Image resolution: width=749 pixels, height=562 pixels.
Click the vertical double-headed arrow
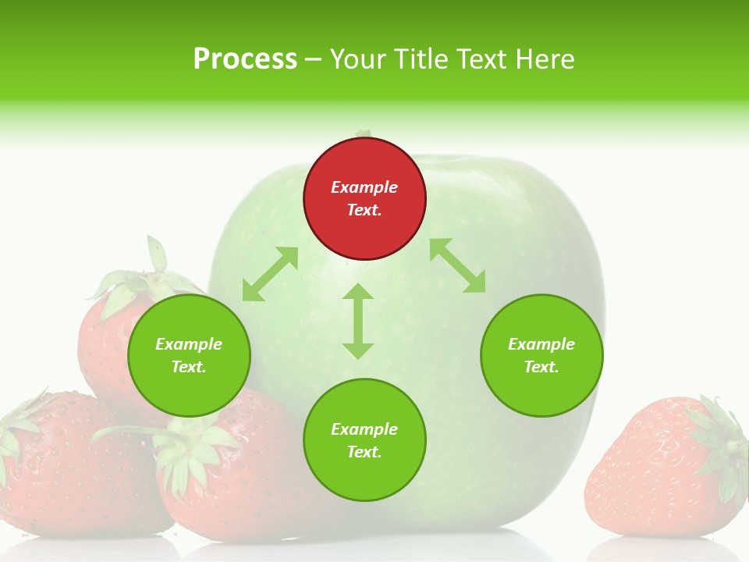click(358, 321)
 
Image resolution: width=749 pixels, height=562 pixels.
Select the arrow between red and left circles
click(270, 274)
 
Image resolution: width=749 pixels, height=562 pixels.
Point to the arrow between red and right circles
click(457, 265)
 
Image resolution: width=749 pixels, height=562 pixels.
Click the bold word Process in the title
click(245, 59)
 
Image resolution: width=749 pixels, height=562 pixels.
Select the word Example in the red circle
click(364, 187)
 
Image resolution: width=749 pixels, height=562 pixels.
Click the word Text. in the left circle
click(189, 367)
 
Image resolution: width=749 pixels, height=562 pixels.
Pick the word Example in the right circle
click(541, 344)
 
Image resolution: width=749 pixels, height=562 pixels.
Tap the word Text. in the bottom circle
click(364, 452)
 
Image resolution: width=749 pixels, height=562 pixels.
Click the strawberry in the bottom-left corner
click(70, 468)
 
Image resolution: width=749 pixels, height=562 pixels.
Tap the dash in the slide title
click(314, 60)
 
